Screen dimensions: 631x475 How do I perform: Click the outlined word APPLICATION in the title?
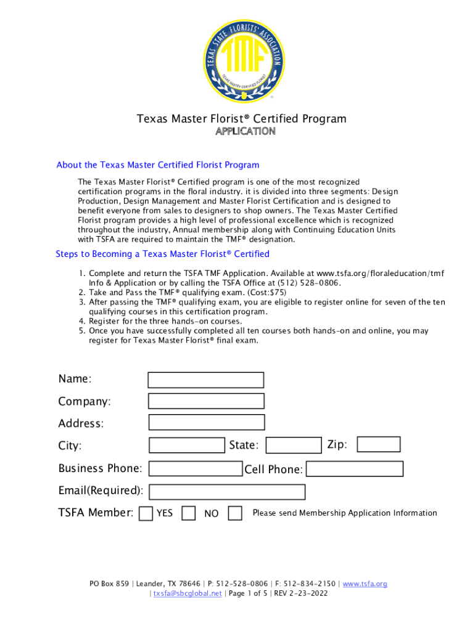tap(245, 131)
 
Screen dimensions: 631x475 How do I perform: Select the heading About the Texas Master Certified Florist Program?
tap(157, 165)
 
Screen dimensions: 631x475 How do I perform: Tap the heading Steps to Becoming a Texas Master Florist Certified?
tap(162, 254)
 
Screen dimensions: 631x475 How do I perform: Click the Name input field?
tap(206, 380)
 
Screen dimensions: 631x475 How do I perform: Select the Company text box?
tap(206, 401)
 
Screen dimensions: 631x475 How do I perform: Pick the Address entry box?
tap(206, 422)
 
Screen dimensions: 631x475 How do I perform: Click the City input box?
tap(187, 445)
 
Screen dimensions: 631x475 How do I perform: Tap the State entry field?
tap(294, 445)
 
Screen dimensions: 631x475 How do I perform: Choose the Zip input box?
tap(379, 444)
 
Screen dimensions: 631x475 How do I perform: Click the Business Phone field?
tap(196, 469)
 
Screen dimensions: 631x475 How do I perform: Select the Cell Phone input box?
tap(355, 469)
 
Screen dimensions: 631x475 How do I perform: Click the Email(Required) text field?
tap(227, 492)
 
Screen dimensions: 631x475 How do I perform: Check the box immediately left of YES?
tap(146, 513)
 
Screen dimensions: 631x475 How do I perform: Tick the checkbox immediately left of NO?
tap(189, 513)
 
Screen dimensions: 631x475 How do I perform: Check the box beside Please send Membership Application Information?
tap(235, 513)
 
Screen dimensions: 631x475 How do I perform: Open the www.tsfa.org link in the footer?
tap(365, 584)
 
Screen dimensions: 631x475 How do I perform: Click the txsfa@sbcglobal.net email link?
tap(187, 593)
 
